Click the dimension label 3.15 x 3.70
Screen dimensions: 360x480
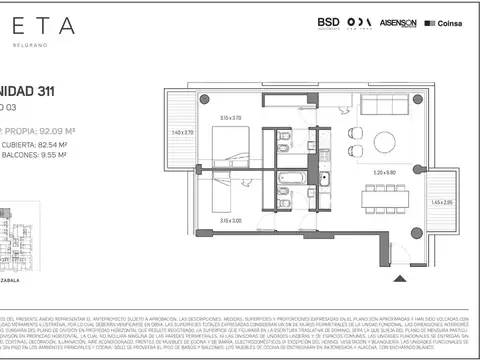pyautogui.click(x=232, y=116)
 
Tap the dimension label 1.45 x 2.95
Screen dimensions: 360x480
pyautogui.click(x=440, y=202)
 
